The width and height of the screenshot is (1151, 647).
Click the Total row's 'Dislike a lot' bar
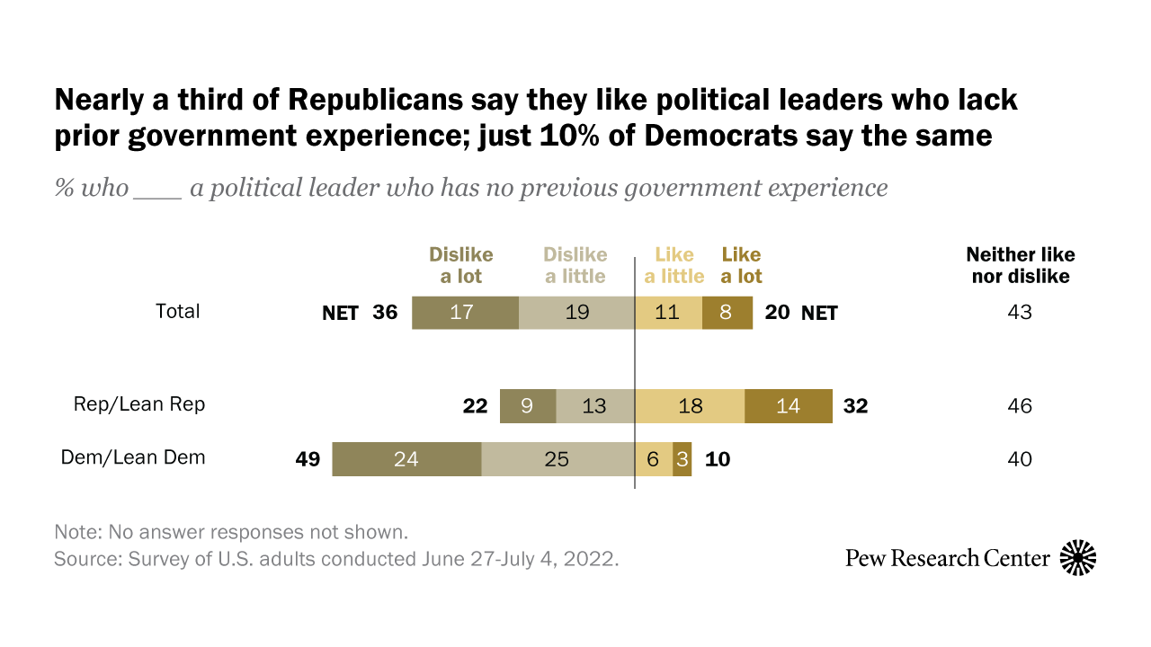(465, 313)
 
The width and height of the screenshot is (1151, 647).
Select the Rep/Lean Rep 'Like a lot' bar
(789, 406)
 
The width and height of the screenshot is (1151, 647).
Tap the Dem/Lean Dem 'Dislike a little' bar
(558, 459)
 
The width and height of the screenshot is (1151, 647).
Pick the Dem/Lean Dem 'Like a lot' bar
(683, 459)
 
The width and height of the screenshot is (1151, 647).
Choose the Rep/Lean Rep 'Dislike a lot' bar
(528, 406)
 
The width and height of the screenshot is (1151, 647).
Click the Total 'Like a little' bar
(668, 313)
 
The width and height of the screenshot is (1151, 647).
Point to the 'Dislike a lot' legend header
(460, 265)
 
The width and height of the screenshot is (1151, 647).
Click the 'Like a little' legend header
(674, 265)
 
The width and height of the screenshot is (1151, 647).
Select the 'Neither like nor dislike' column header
(1021, 265)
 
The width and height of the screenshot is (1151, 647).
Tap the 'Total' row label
(178, 312)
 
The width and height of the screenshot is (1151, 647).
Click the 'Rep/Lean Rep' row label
(139, 404)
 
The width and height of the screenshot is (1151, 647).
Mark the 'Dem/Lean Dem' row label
(133, 457)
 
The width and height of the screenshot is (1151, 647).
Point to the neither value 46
(1020, 406)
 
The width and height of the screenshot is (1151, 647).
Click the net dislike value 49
(308, 459)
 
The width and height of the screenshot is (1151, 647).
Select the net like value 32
(855, 406)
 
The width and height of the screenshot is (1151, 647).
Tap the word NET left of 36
(340, 314)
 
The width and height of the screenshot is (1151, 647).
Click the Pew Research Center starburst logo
(1078, 558)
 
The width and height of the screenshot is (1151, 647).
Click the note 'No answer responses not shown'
(232, 531)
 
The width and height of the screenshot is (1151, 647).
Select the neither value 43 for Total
(1020, 313)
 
